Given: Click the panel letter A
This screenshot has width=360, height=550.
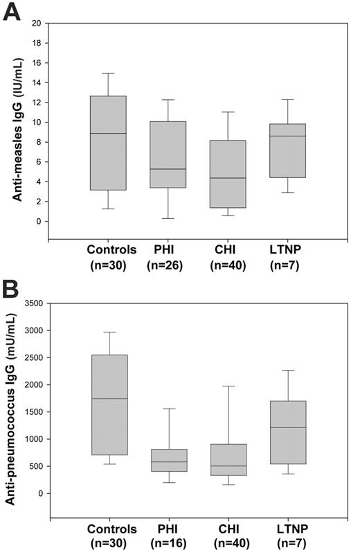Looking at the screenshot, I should coord(12,12).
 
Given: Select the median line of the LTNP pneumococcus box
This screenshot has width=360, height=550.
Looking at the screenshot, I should coord(286,427).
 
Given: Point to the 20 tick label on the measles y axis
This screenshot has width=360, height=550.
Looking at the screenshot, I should coord(35,24).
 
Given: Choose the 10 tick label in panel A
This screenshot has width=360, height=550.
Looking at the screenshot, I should coord(35,123).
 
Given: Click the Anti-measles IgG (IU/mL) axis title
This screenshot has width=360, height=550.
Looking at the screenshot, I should coord(15,132).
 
